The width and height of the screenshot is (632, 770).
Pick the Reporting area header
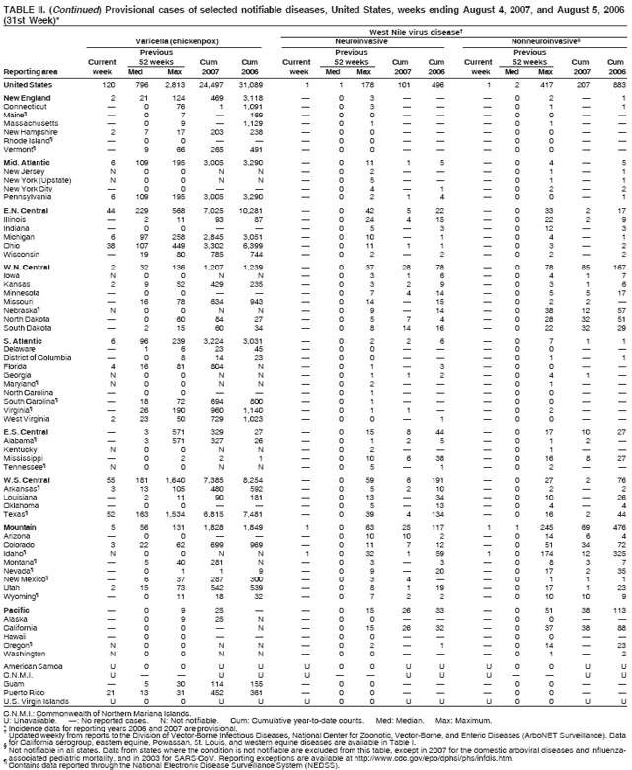tap(30, 72)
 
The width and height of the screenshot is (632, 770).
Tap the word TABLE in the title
tap(20, 7)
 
